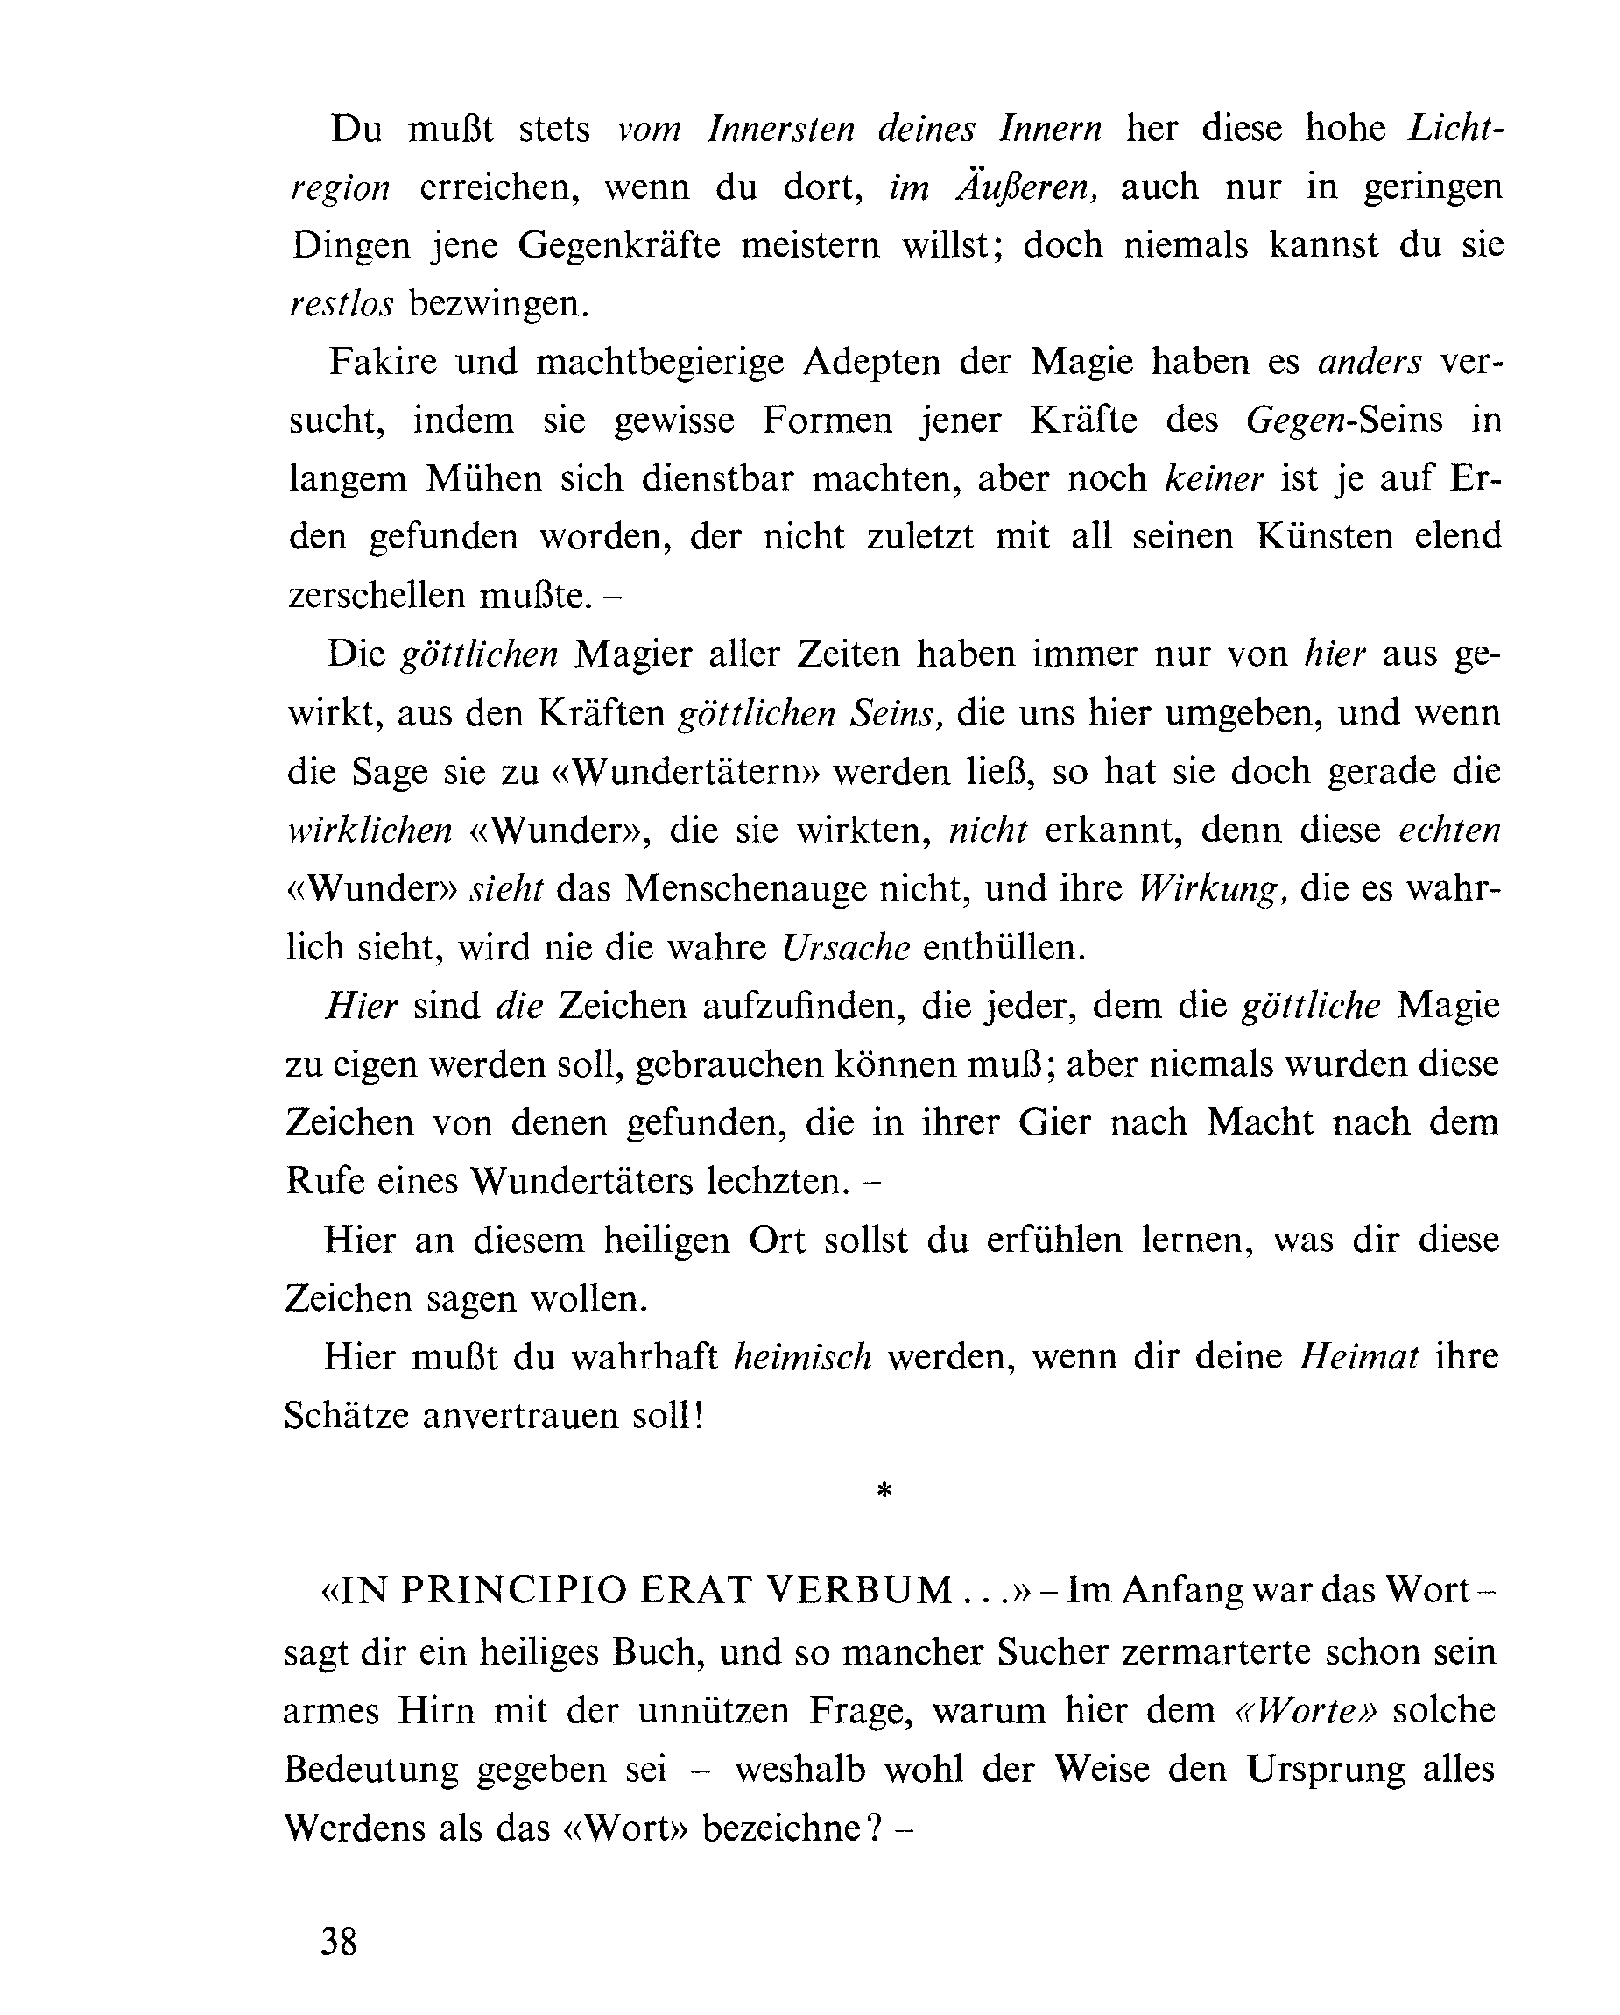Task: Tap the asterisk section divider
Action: tap(884, 1493)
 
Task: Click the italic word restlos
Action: tap(342, 304)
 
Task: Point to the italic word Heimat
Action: tap(1359, 1356)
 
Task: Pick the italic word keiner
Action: tap(1215, 478)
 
